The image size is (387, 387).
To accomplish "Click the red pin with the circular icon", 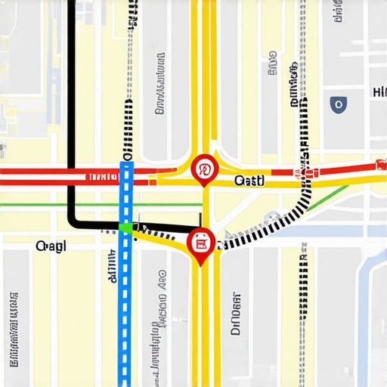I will point(204,168).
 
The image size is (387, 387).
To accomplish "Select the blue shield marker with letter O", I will point(339,104).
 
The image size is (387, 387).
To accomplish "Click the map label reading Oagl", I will point(51,247).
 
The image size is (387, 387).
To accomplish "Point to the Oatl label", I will point(249,181).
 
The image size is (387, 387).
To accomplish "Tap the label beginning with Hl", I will point(379,92).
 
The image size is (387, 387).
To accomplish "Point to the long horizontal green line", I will point(60,204).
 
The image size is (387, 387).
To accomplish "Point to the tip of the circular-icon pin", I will point(204,184).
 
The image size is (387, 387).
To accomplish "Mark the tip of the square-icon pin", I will point(200,264).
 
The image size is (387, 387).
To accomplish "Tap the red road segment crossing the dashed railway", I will point(307,172).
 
